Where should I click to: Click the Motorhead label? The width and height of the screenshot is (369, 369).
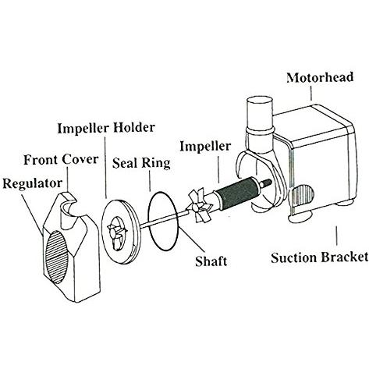tap(320, 77)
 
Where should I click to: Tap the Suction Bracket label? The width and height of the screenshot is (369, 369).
tap(320, 257)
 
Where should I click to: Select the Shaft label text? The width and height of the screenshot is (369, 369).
tap(211, 261)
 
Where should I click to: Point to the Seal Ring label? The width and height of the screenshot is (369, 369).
tap(141, 163)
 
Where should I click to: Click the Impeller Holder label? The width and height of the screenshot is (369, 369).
tap(106, 128)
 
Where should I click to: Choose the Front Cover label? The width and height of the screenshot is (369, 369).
tap(61, 159)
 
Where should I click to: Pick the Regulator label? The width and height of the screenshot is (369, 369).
tap(33, 183)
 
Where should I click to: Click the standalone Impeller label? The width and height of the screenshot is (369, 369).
tap(205, 146)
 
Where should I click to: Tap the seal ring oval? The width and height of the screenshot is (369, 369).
tap(149, 221)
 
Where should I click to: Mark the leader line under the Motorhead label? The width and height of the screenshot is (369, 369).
tap(311, 92)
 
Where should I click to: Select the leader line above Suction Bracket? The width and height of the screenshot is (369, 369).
tap(337, 236)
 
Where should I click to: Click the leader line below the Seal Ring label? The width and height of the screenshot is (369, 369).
tap(150, 181)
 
